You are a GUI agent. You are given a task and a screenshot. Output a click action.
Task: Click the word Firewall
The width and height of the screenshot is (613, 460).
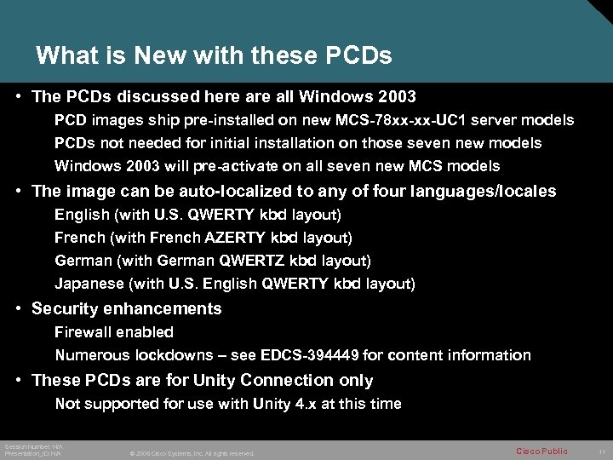(84, 332)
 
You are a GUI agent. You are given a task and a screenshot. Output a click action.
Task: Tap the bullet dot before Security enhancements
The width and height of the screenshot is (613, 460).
(18, 309)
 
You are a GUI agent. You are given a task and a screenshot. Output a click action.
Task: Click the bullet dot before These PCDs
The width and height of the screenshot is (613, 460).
(18, 381)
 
